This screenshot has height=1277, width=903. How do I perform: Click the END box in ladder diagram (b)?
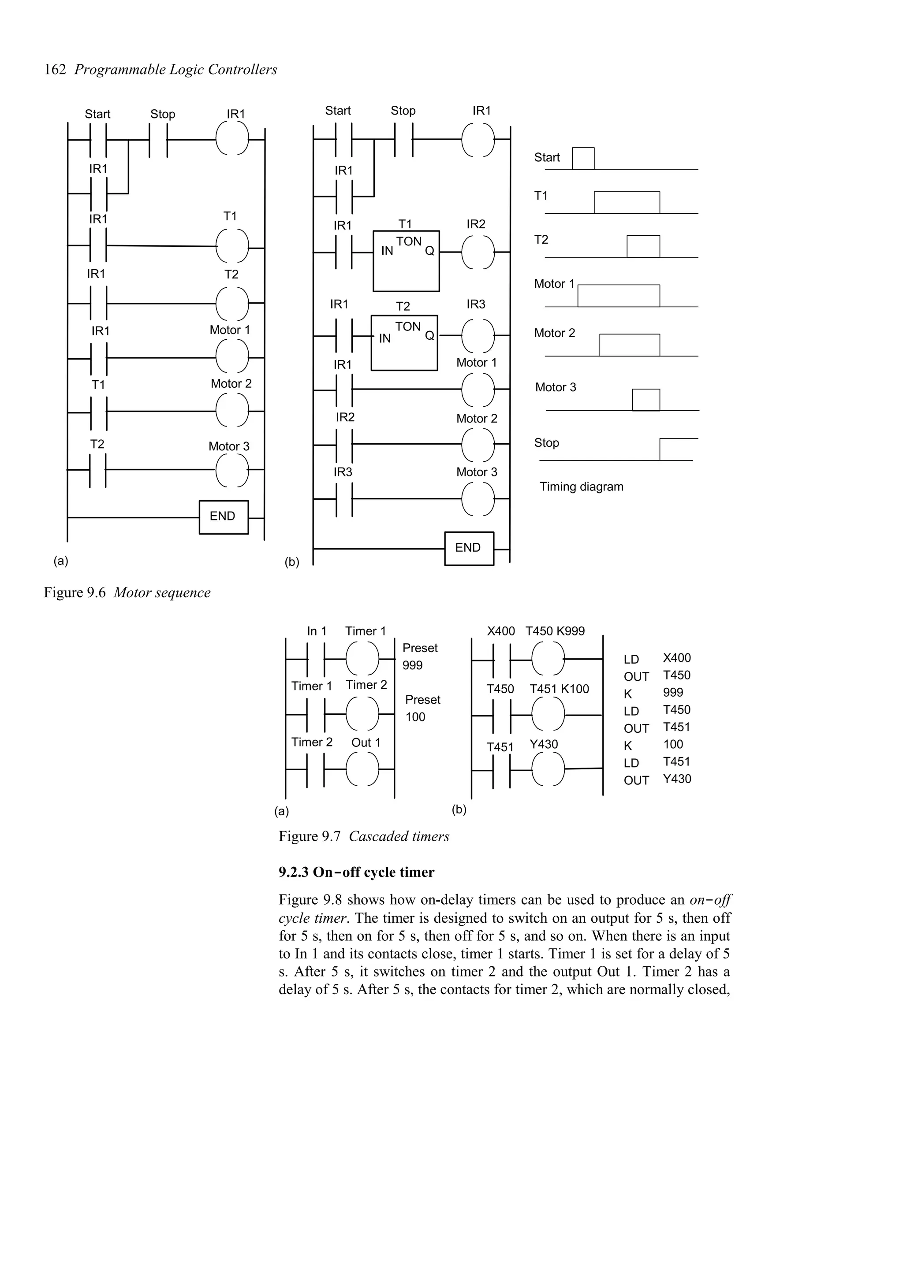coord(469,549)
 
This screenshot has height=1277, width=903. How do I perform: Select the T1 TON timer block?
coord(406,261)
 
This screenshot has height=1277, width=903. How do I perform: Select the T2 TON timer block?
coord(404,343)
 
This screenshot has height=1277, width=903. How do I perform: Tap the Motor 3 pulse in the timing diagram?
coord(646,400)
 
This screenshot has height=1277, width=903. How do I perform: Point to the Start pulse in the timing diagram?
coord(583,159)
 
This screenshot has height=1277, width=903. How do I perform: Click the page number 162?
coord(55,70)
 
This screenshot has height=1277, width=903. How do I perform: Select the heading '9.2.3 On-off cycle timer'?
coord(356,872)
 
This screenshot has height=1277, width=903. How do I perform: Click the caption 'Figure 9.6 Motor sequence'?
coord(127,593)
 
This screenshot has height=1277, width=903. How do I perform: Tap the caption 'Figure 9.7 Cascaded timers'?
coord(364,836)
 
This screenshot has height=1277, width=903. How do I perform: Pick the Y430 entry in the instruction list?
coord(676,779)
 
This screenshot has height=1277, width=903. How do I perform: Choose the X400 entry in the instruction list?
coord(676,658)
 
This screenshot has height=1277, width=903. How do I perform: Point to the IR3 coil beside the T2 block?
coord(478,336)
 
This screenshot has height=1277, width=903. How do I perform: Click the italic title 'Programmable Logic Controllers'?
coord(176,70)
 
